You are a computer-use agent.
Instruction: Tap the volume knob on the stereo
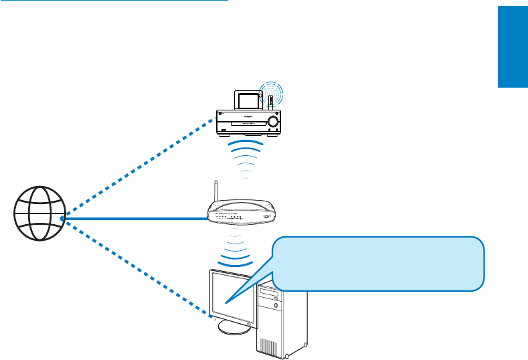point(273,122)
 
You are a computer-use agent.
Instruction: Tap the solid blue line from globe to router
point(134,218)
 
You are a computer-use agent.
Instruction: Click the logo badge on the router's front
point(268,217)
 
